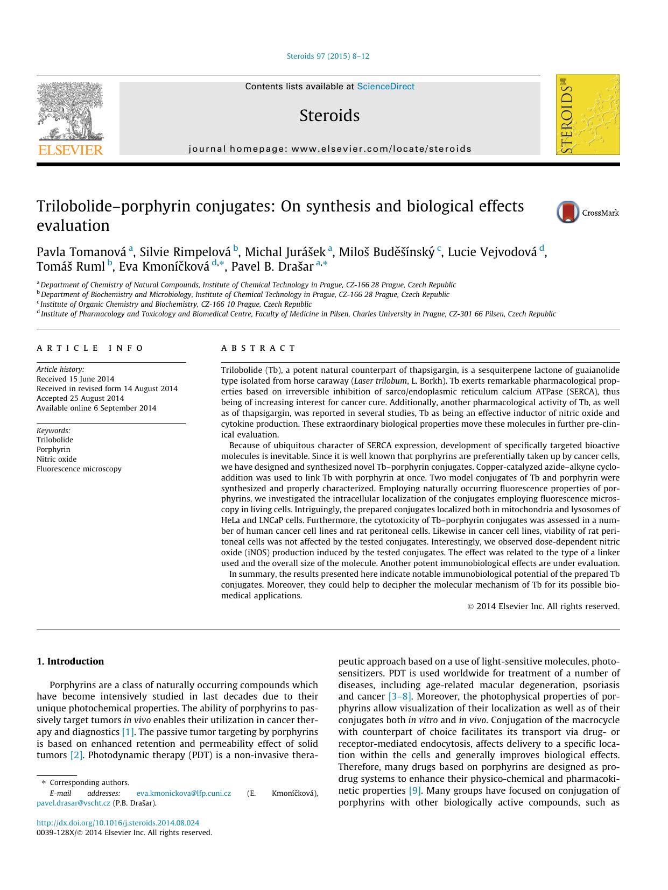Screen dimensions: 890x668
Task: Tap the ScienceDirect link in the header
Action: pyautogui.click(x=385, y=87)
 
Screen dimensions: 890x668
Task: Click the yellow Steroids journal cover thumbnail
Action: pyautogui.click(x=588, y=115)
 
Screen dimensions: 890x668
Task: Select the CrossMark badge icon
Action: pyautogui.click(x=568, y=213)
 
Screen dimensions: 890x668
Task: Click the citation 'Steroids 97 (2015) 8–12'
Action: pyautogui.click(x=328, y=56)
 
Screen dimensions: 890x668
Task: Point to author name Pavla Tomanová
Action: pyautogui.click(x=81, y=252)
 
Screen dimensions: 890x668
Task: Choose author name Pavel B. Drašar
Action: pyautogui.click(x=272, y=266)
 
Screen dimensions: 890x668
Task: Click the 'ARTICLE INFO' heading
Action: pyautogui.click(x=90, y=348)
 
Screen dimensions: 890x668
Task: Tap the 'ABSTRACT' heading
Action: pyautogui.click(x=258, y=348)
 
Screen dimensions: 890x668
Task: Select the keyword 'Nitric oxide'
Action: pyautogui.click(x=57, y=459)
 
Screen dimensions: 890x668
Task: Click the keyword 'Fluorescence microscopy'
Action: pyautogui.click(x=79, y=469)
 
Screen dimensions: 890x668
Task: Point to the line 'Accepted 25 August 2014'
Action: pyautogui.click(x=80, y=398)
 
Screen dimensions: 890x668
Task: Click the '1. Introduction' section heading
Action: pyautogui.click(x=70, y=661)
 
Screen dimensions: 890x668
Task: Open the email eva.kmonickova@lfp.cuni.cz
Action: pyautogui.click(x=184, y=793)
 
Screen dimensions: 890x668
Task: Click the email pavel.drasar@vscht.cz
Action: pyautogui.click(x=73, y=803)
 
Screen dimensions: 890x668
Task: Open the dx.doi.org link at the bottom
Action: pyautogui.click(x=117, y=823)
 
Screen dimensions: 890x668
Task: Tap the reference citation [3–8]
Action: pyautogui.click(x=400, y=697)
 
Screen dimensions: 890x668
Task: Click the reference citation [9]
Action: pyautogui.click(x=415, y=790)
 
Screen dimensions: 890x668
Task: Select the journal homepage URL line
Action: pyautogui.click(x=329, y=149)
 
